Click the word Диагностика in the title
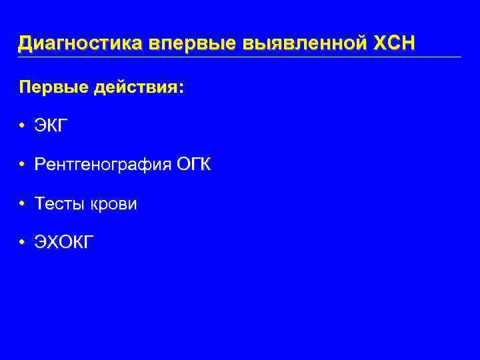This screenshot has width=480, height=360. tap(81, 43)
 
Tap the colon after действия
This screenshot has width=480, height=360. tap(181, 89)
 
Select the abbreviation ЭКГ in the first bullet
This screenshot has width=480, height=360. tap(52, 126)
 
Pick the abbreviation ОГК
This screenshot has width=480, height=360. tap(193, 165)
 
